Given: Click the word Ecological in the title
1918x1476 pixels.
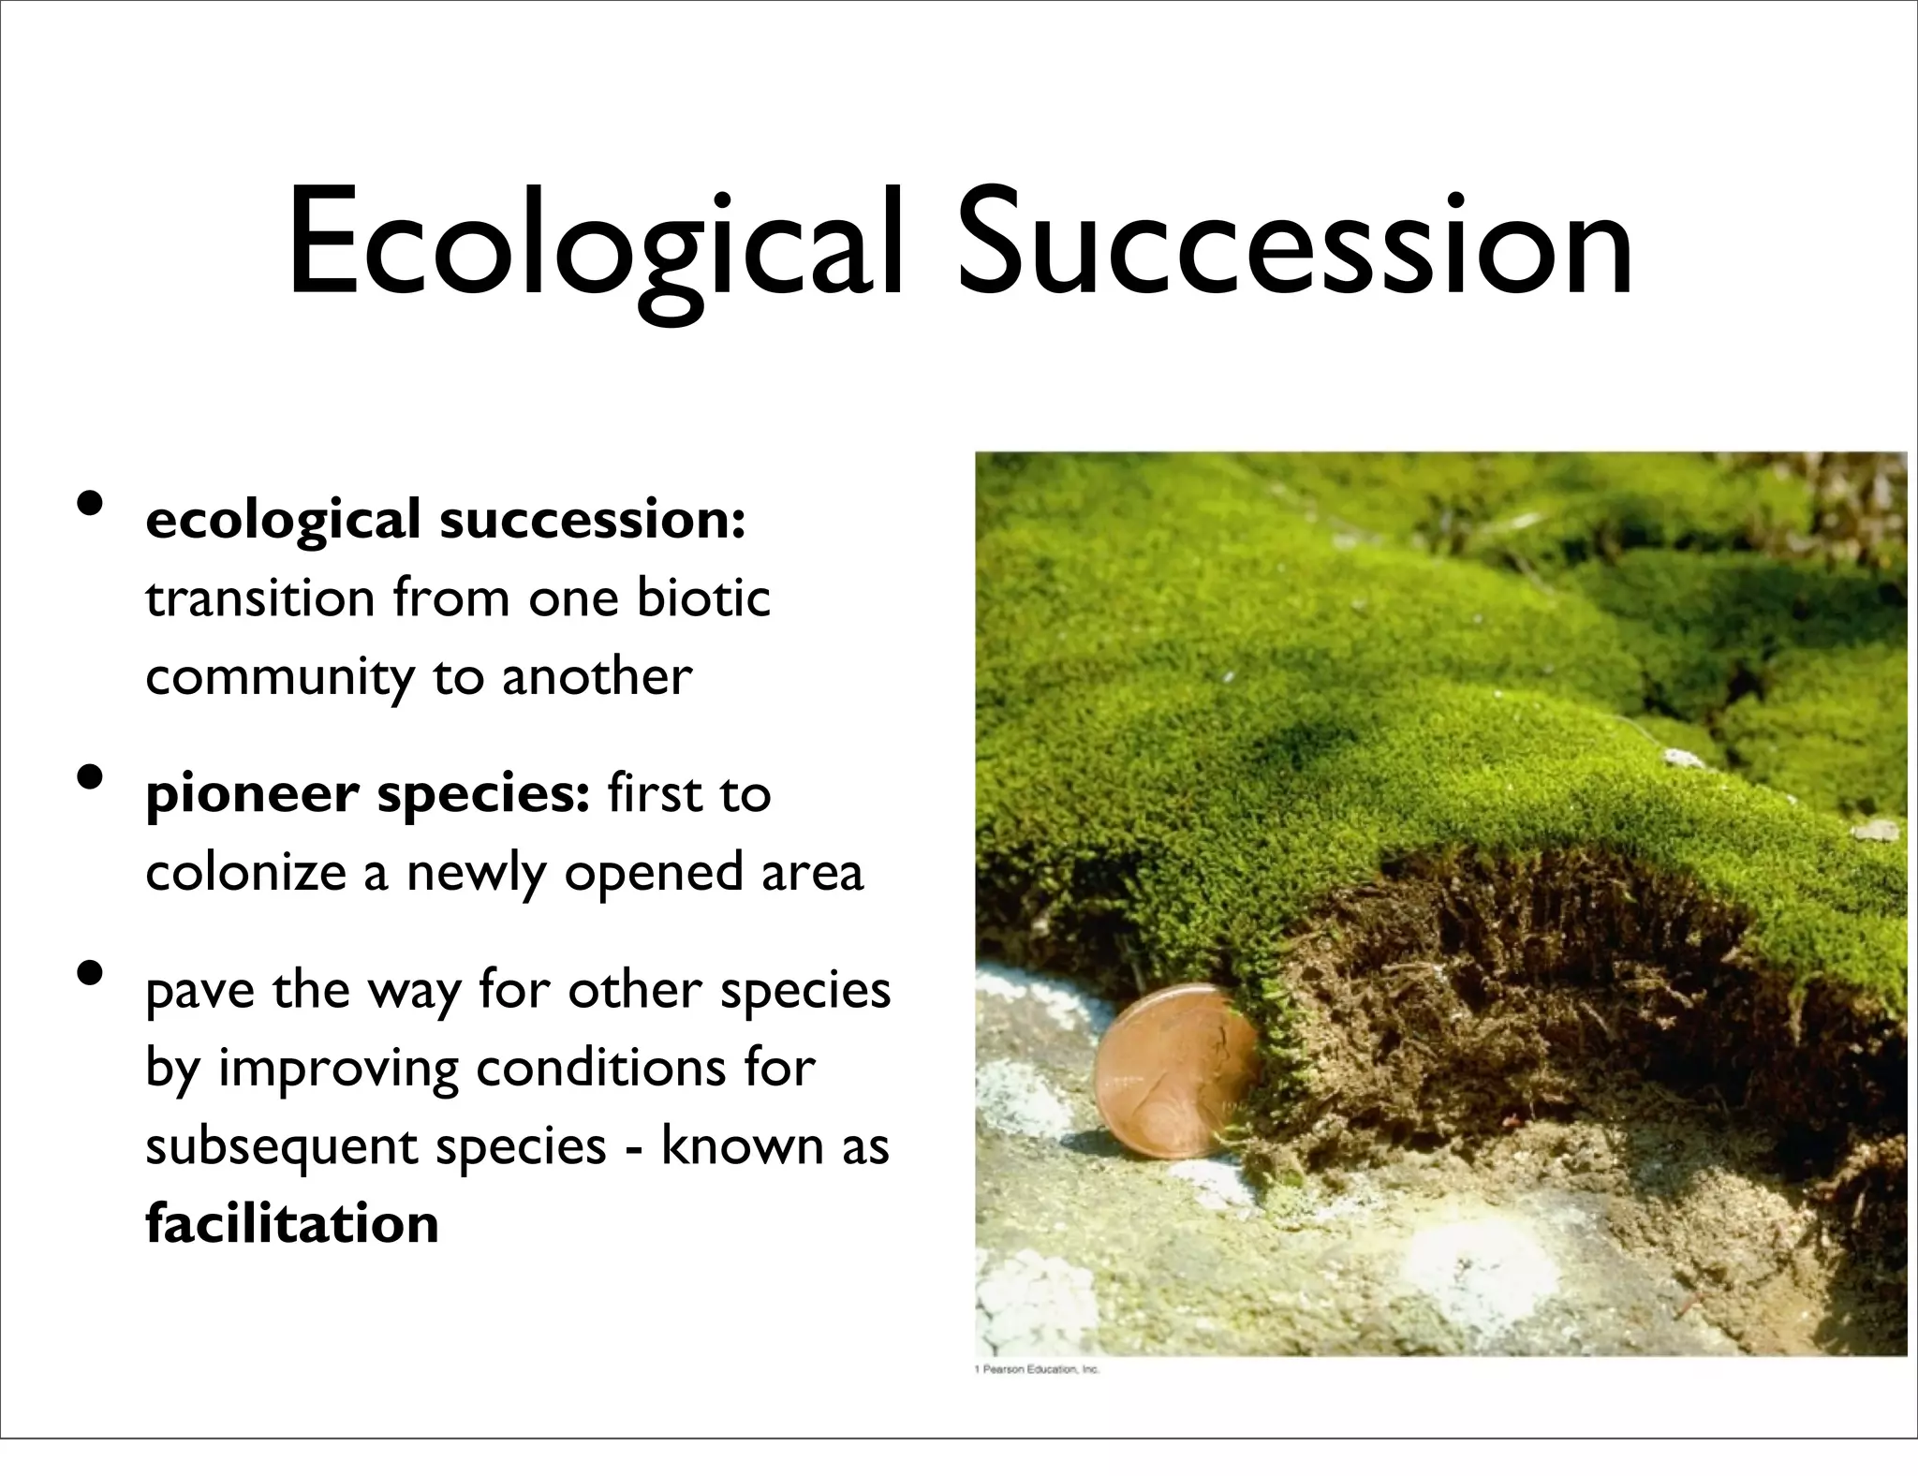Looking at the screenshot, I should [595, 245].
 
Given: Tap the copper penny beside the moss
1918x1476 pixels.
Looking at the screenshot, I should [1175, 1070].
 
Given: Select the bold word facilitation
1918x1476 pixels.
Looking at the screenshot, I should [292, 1223].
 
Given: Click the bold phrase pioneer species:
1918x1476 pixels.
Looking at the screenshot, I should [367, 795].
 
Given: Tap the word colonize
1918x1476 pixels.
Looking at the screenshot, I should [246, 873].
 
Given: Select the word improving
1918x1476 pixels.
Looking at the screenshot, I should [338, 1069].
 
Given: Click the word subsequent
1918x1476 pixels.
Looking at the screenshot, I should [281, 1147].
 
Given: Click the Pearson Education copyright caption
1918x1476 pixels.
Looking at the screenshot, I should [1037, 1369].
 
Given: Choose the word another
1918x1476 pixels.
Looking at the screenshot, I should [597, 676].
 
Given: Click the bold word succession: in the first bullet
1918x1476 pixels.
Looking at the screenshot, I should [592, 520].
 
